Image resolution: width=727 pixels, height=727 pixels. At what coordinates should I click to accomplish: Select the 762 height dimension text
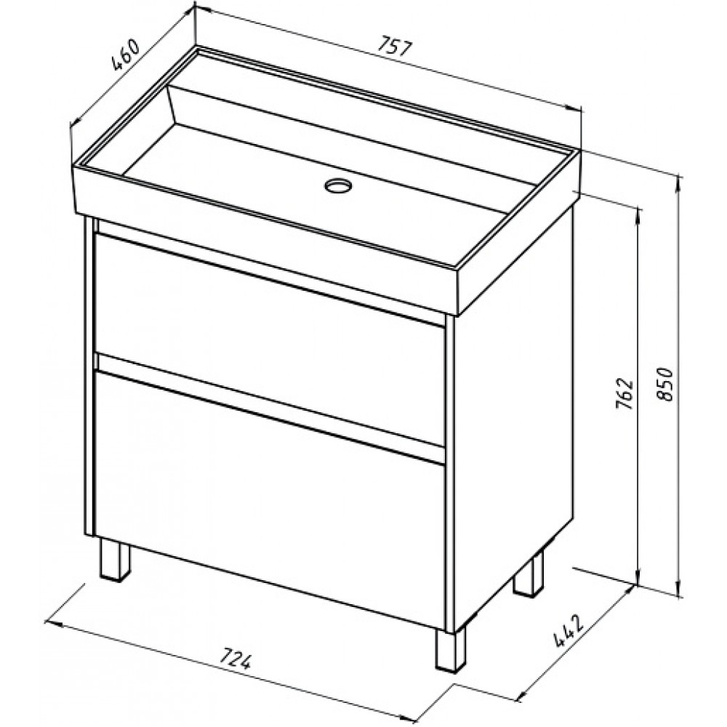[x=624, y=393]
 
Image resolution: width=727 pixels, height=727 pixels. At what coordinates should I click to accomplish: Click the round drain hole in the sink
[x=339, y=185]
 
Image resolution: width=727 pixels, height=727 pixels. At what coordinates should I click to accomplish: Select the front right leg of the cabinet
[x=450, y=649]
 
